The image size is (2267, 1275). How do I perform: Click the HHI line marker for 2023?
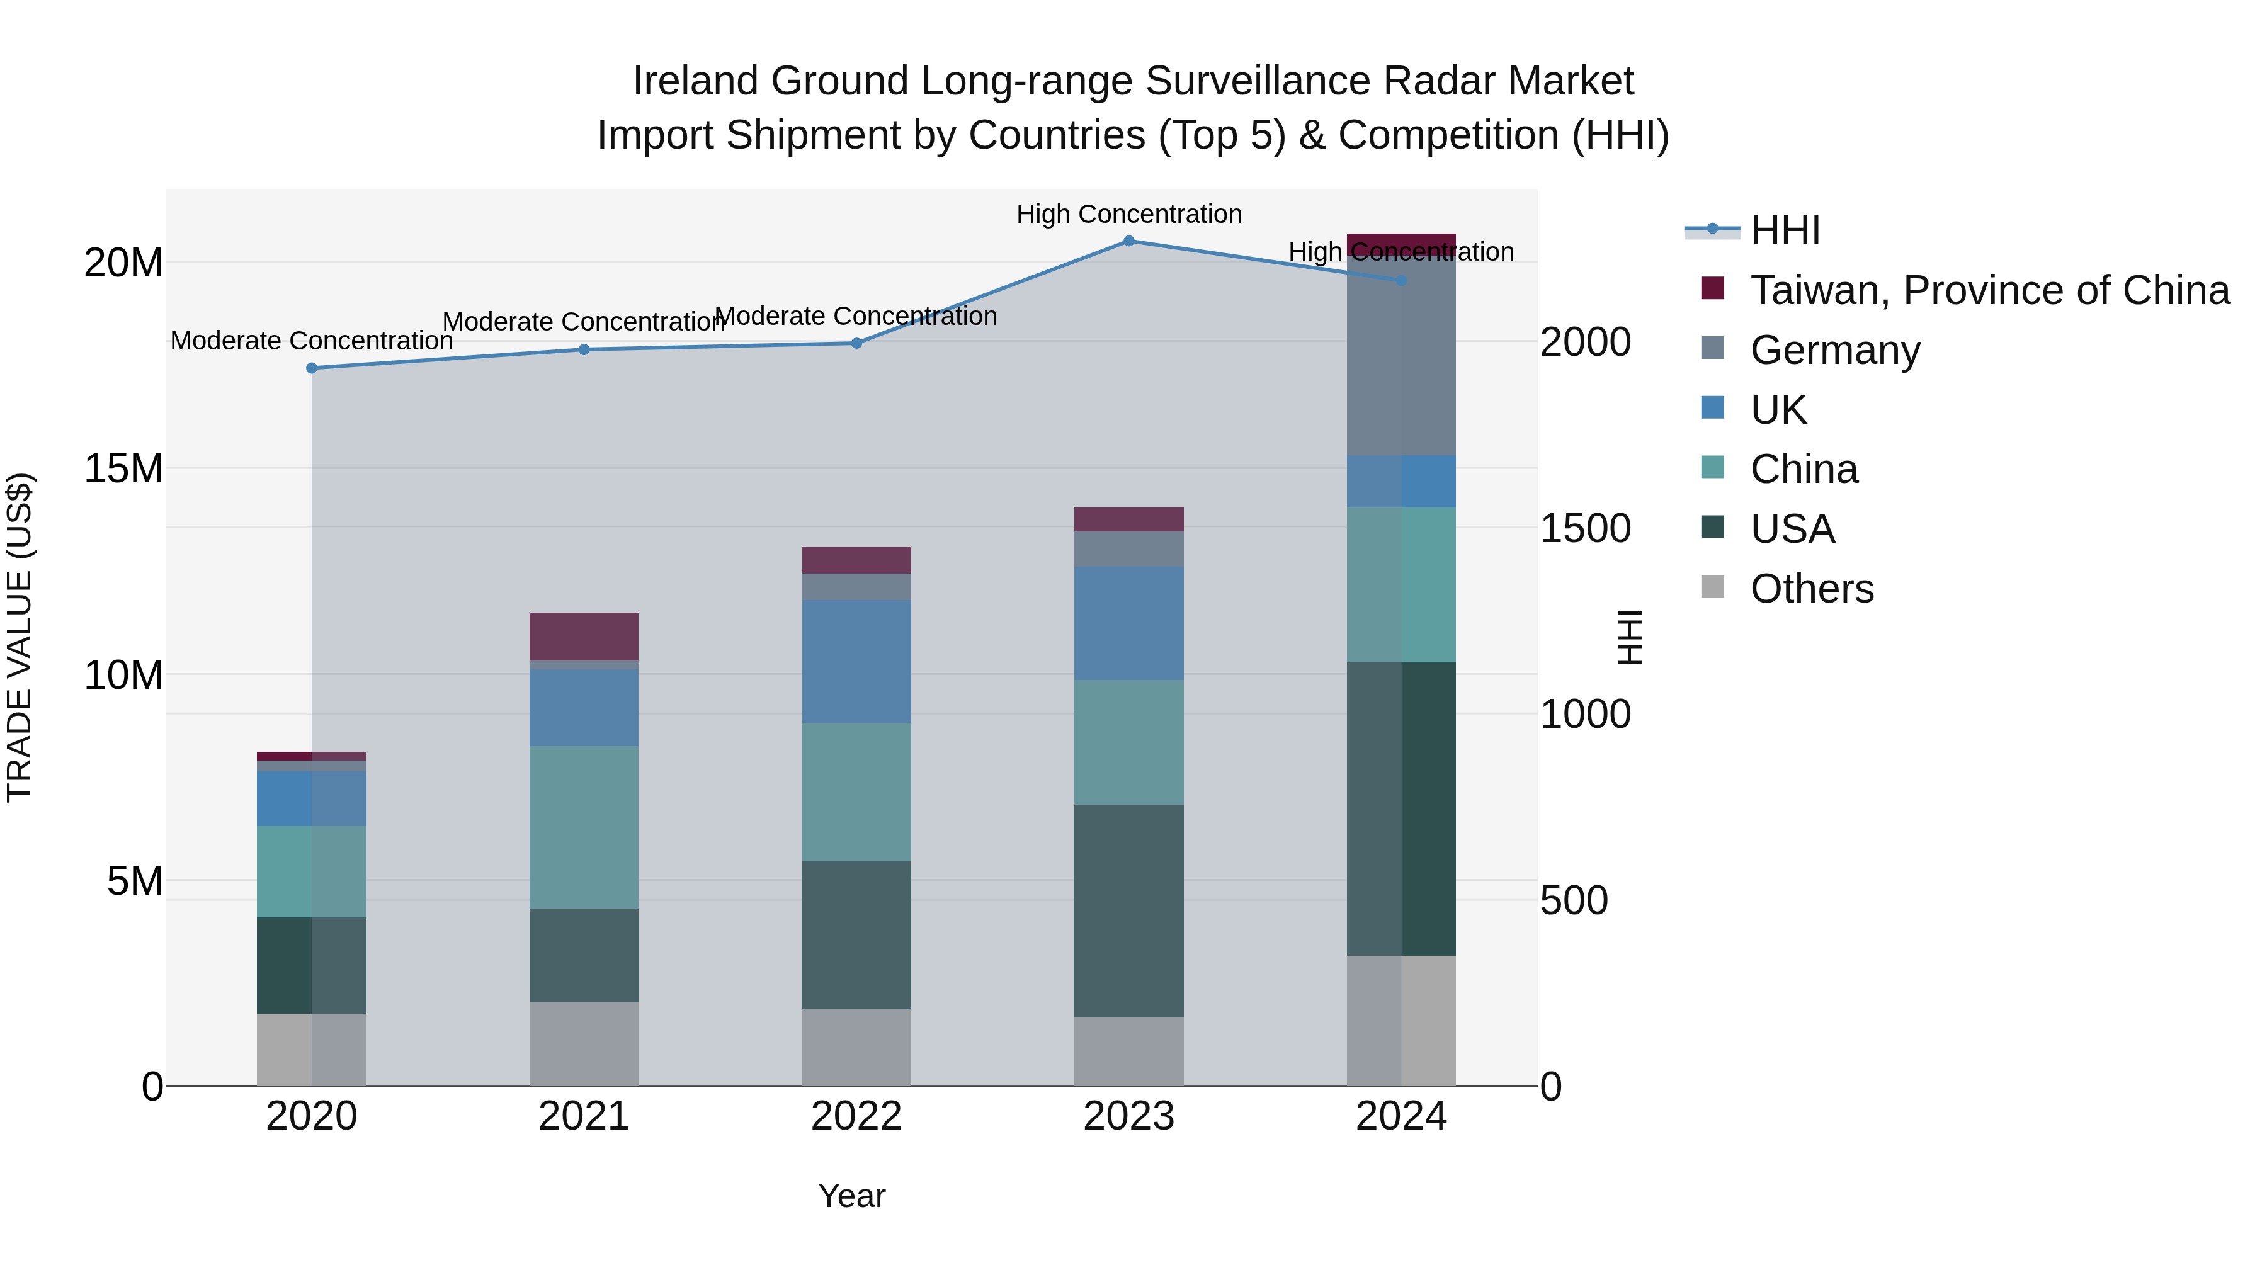pyautogui.click(x=1129, y=241)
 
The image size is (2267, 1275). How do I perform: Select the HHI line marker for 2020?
pyautogui.click(x=312, y=368)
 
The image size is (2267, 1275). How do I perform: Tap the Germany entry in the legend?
pyautogui.click(x=1835, y=350)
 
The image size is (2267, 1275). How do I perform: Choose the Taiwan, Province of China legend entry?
pyautogui.click(x=1989, y=290)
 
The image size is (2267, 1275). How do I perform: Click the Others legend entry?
pyautogui.click(x=1811, y=589)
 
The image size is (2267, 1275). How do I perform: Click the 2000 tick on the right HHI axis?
pyautogui.click(x=1585, y=343)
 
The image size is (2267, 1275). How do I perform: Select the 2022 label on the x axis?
pyautogui.click(x=856, y=1116)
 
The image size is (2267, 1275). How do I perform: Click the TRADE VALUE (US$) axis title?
pyautogui.click(x=20, y=637)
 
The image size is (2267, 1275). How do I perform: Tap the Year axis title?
pyautogui.click(x=851, y=1196)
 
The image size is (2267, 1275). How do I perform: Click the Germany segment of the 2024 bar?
pyautogui.click(x=1401, y=356)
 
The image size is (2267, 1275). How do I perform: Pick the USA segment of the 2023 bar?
pyautogui.click(x=1129, y=910)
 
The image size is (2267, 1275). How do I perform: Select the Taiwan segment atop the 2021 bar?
pyautogui.click(x=584, y=636)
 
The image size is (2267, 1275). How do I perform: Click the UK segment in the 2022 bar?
pyautogui.click(x=856, y=661)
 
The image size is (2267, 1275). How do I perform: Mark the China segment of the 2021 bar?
pyautogui.click(x=584, y=827)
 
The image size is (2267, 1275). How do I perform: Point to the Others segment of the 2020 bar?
pyautogui.click(x=312, y=1049)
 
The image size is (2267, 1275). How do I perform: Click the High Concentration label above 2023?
pyautogui.click(x=1129, y=214)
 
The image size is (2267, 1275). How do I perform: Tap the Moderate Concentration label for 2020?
pyautogui.click(x=312, y=341)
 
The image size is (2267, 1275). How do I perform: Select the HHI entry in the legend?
pyautogui.click(x=1784, y=230)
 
